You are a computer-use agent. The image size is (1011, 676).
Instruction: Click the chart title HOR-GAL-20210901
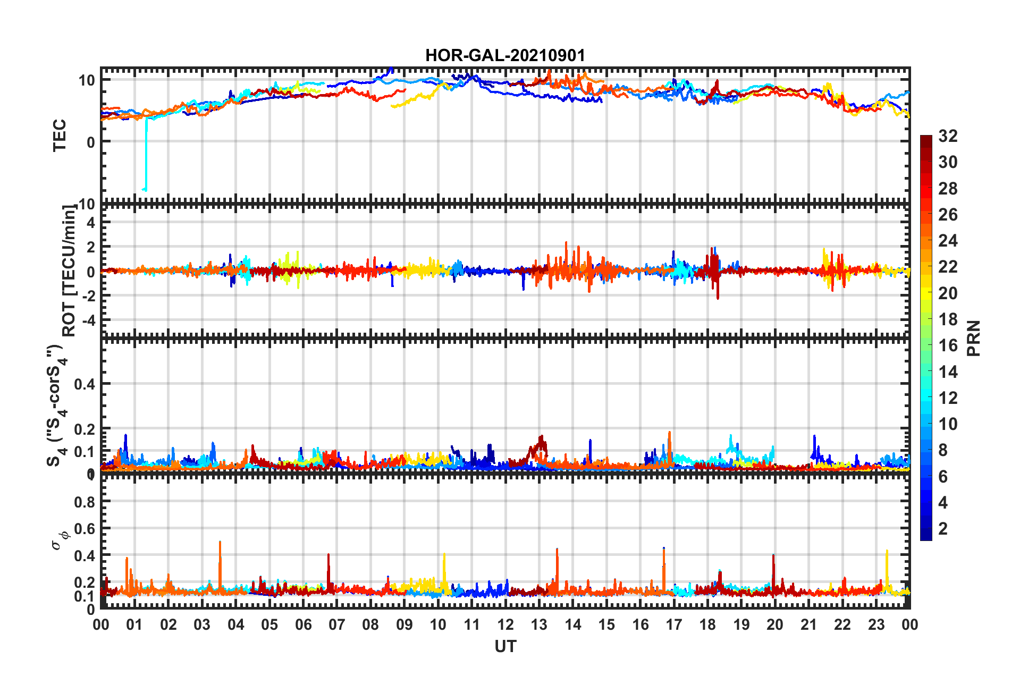pos(505,55)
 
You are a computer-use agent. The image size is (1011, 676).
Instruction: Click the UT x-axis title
pos(505,646)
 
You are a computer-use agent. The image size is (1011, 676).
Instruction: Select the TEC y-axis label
pos(60,135)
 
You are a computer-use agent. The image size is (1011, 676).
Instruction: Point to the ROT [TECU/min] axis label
pos(69,271)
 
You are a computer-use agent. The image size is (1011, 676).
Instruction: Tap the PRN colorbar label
pos(974,338)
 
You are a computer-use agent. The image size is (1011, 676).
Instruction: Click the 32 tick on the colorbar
pos(948,136)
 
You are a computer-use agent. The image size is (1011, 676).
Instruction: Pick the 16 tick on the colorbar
pos(948,345)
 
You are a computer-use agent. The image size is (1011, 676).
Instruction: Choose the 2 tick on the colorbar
pos(943,528)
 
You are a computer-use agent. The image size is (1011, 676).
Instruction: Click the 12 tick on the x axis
pos(505,624)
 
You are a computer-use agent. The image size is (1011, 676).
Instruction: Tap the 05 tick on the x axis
pos(269,624)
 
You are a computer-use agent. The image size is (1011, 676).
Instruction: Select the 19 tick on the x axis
pos(742,624)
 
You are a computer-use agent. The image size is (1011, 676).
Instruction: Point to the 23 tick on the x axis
pos(876,624)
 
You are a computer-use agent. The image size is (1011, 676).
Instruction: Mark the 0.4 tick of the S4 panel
pos(85,384)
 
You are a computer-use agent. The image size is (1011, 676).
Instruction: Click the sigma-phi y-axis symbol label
pos(60,539)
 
